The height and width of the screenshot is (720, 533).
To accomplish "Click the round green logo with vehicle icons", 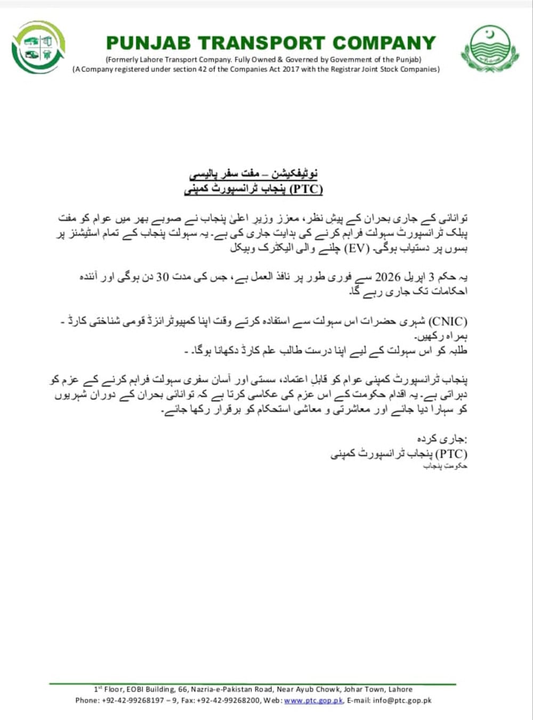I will [x=38, y=47].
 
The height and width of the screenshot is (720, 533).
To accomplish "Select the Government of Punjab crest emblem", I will [x=489, y=48].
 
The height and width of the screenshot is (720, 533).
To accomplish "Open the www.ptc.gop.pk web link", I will [x=313, y=700].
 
